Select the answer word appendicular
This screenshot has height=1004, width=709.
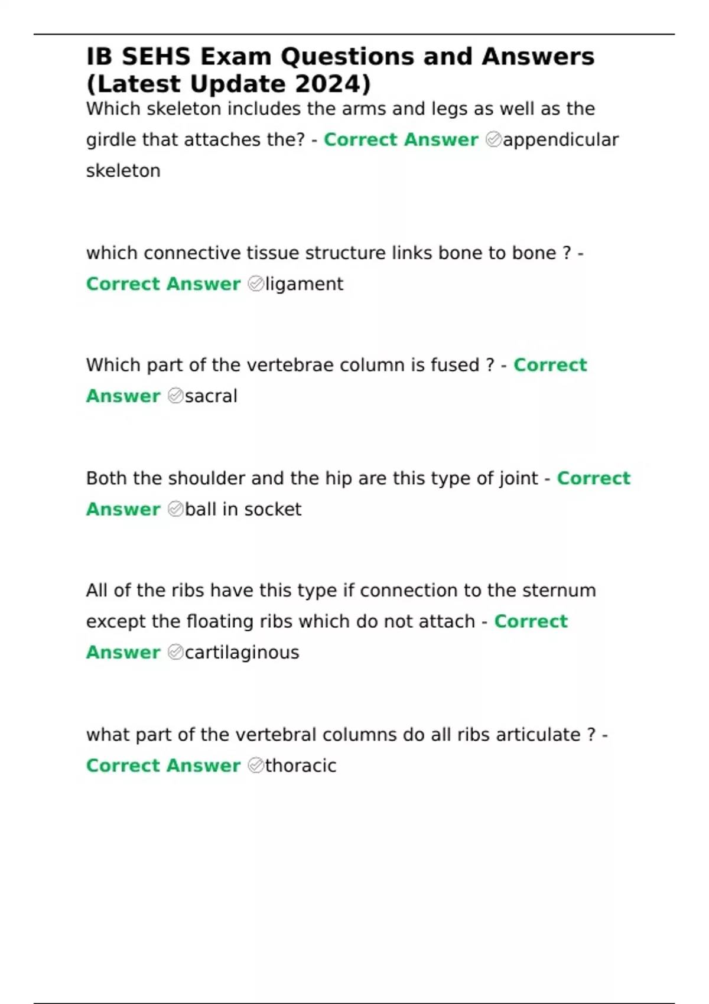point(561,140)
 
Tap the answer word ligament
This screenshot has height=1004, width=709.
point(304,284)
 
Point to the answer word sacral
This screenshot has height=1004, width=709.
point(211,396)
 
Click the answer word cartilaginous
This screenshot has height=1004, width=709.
point(242,653)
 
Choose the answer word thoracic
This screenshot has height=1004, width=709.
point(301,765)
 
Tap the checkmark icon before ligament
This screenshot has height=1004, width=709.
point(256,284)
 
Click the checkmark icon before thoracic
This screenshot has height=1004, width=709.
point(256,765)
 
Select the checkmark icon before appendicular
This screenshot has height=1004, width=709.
point(493,140)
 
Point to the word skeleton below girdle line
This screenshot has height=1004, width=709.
point(123,171)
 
